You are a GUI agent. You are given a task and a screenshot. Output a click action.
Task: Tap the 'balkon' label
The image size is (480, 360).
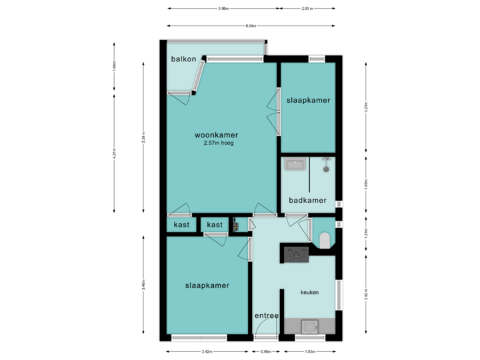[183, 59]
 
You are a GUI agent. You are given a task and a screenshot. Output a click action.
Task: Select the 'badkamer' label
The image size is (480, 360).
[307, 200]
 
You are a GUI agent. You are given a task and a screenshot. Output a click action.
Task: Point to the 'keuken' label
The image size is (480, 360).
[309, 292]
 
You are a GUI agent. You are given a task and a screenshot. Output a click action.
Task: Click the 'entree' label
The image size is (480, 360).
[266, 315]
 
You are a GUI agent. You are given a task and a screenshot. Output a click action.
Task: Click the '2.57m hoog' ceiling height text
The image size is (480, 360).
[219, 143]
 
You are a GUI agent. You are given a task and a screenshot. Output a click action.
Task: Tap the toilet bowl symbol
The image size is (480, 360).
[325, 240]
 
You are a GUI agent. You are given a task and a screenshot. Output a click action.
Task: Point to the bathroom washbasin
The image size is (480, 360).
[294, 163]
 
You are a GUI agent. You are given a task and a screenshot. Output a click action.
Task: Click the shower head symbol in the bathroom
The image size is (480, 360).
[326, 162]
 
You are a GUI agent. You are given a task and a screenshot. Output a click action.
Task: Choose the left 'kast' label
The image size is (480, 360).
[181, 225]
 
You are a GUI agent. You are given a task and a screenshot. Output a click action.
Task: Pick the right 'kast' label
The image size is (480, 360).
[215, 225]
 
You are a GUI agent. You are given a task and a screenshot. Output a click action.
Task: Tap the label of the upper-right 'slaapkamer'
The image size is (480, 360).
[309, 100]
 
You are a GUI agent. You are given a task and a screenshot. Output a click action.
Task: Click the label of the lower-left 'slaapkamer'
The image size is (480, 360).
[207, 285]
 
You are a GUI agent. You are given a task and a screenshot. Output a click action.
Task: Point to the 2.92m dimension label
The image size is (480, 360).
[207, 351]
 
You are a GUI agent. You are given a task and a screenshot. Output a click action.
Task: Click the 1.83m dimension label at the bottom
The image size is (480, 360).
[310, 351]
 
